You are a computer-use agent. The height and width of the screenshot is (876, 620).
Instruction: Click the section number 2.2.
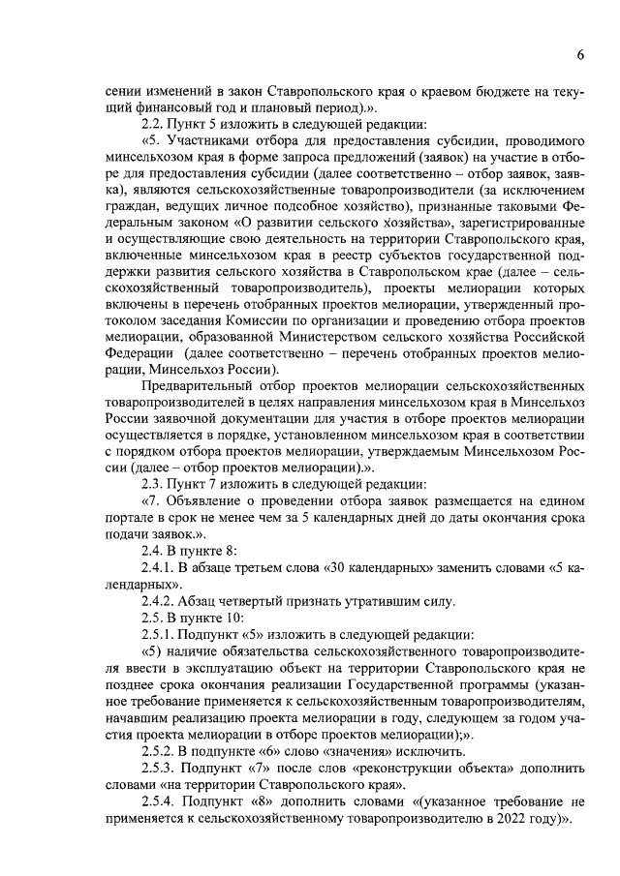pos(152,123)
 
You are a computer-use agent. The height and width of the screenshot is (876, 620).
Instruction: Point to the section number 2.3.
pos(152,483)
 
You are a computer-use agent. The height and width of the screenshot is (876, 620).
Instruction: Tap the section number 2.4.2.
pos(158,601)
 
